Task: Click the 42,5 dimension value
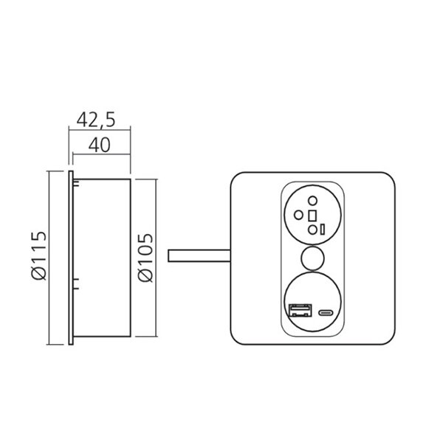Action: pyautogui.click(x=99, y=117)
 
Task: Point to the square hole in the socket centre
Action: pyautogui.click(x=312, y=215)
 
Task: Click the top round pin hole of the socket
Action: pyautogui.click(x=312, y=200)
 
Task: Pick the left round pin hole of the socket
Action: pyautogui.click(x=297, y=215)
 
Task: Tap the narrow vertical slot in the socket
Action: pyautogui.click(x=323, y=229)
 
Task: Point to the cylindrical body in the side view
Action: pyautogui.click(x=103, y=258)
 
